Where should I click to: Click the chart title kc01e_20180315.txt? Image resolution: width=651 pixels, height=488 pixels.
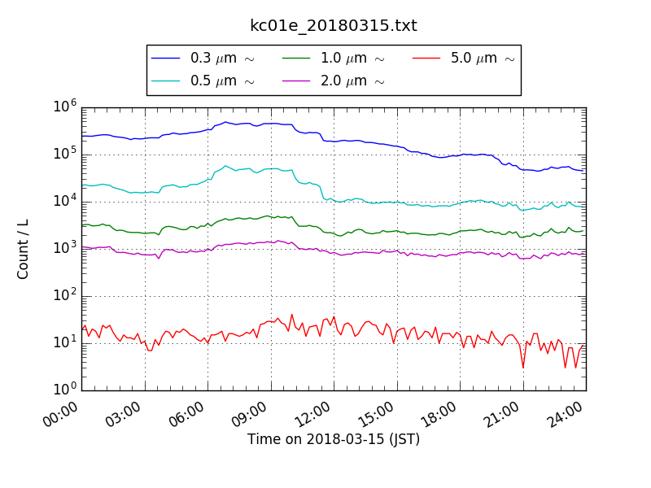click(x=333, y=26)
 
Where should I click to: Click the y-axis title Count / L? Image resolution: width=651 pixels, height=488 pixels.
click(x=24, y=249)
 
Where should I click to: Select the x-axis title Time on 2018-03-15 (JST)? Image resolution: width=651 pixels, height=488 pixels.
click(x=334, y=439)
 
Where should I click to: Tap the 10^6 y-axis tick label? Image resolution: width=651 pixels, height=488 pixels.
click(x=65, y=107)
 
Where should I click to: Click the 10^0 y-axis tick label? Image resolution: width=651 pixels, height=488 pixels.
click(x=65, y=390)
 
